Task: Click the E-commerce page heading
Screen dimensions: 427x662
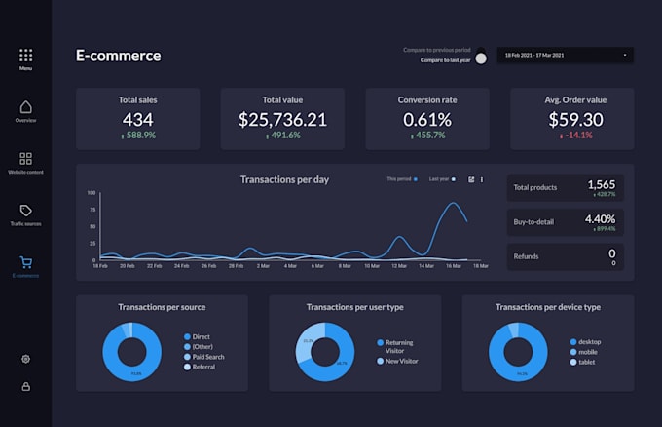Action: tap(119, 56)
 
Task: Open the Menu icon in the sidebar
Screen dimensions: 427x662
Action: tap(25, 56)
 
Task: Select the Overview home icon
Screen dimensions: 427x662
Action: tap(25, 106)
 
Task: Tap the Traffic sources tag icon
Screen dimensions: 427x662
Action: tap(25, 211)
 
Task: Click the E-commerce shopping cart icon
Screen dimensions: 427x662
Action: tap(25, 262)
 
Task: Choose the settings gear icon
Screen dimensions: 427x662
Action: tap(25, 359)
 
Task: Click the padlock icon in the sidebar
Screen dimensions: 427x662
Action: tap(25, 386)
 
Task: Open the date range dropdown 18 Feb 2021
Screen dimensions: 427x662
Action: tap(565, 56)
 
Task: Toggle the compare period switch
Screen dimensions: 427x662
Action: tap(481, 58)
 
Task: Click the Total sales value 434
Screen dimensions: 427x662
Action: tap(137, 120)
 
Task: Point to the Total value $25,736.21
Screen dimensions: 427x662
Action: tap(282, 120)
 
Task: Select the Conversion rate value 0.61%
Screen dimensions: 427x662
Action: tap(427, 120)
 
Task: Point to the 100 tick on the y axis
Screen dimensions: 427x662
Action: tap(92, 193)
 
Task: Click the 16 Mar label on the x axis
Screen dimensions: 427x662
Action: tap(453, 265)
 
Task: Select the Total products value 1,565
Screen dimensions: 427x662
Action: tap(601, 184)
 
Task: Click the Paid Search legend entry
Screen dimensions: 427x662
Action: tap(207, 357)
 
